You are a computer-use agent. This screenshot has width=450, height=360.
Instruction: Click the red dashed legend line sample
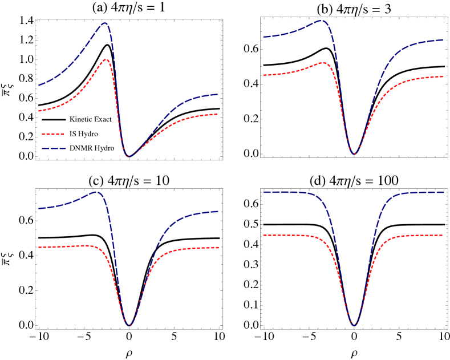[x=53, y=135]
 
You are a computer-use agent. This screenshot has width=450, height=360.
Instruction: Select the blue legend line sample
[x=54, y=149]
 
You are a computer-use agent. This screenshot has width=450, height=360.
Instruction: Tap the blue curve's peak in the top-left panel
[x=106, y=23]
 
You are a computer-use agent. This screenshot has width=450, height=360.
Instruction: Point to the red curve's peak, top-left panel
[x=107, y=59]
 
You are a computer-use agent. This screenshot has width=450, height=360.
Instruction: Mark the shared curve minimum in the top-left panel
[x=128, y=156]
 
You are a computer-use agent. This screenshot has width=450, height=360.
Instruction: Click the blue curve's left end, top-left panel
[x=39, y=86]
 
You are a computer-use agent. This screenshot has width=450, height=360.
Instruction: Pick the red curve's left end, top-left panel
[x=39, y=111]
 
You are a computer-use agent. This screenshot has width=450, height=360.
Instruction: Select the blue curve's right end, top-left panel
[x=218, y=94]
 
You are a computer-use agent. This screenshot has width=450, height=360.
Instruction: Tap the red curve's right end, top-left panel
[x=218, y=114]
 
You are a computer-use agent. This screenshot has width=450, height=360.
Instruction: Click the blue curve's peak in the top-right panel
[x=322, y=21]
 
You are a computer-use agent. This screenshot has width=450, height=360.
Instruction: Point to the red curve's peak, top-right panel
[x=324, y=62]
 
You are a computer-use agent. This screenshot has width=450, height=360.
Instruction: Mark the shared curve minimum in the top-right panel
[x=355, y=154]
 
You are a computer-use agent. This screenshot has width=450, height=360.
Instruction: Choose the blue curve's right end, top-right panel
[x=443, y=40]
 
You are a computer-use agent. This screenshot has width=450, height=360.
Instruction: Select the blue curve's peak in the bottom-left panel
[x=98, y=192]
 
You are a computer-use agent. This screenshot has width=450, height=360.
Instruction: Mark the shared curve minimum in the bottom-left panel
[x=130, y=325]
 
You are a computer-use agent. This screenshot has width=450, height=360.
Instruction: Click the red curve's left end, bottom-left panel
[x=39, y=247]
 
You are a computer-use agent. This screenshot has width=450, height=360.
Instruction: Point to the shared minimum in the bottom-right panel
[x=354, y=325]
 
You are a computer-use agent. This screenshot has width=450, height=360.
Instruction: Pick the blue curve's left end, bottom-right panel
[x=263, y=193]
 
